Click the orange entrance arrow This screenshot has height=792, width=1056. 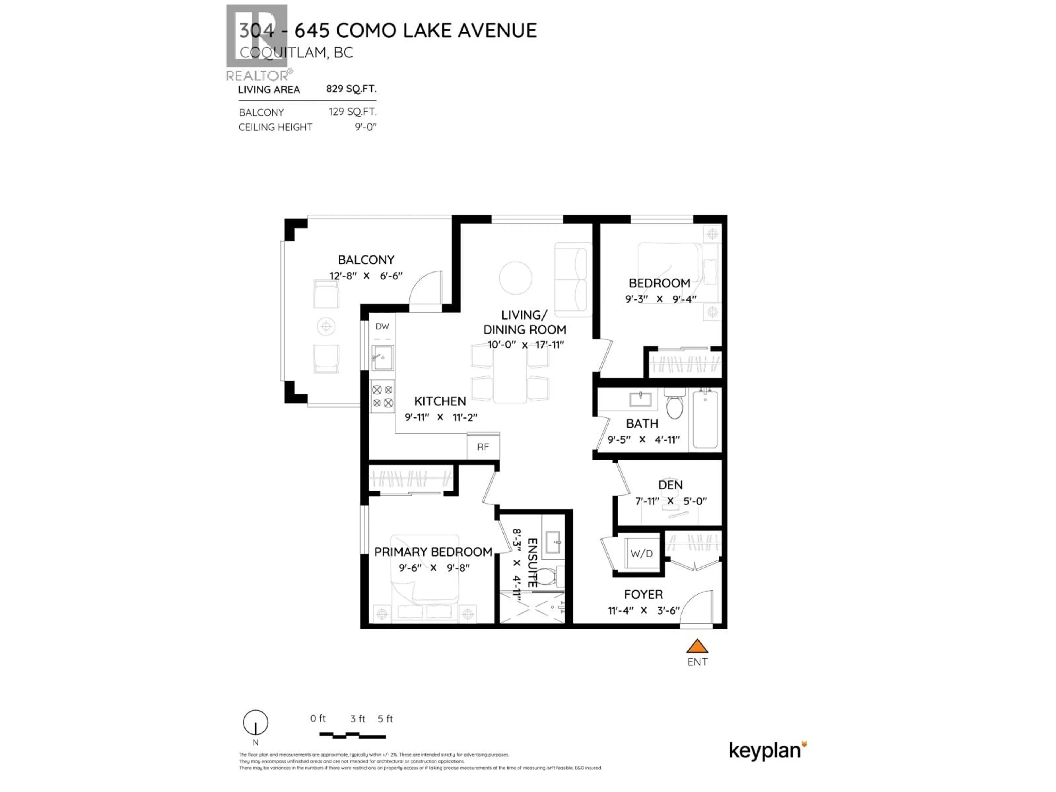coord(697,647)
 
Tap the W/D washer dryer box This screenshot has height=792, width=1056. coord(642,553)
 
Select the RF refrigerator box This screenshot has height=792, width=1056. coord(483,447)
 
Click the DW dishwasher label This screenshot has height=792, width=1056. coord(382,326)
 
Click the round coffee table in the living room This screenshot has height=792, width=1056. coord(516,278)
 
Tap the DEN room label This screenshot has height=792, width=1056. coord(670,485)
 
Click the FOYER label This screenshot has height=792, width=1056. coord(643,594)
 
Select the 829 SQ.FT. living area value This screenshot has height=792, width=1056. coord(351,89)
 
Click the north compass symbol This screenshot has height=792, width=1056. coord(255,722)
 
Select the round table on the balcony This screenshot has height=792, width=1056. coord(326,326)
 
